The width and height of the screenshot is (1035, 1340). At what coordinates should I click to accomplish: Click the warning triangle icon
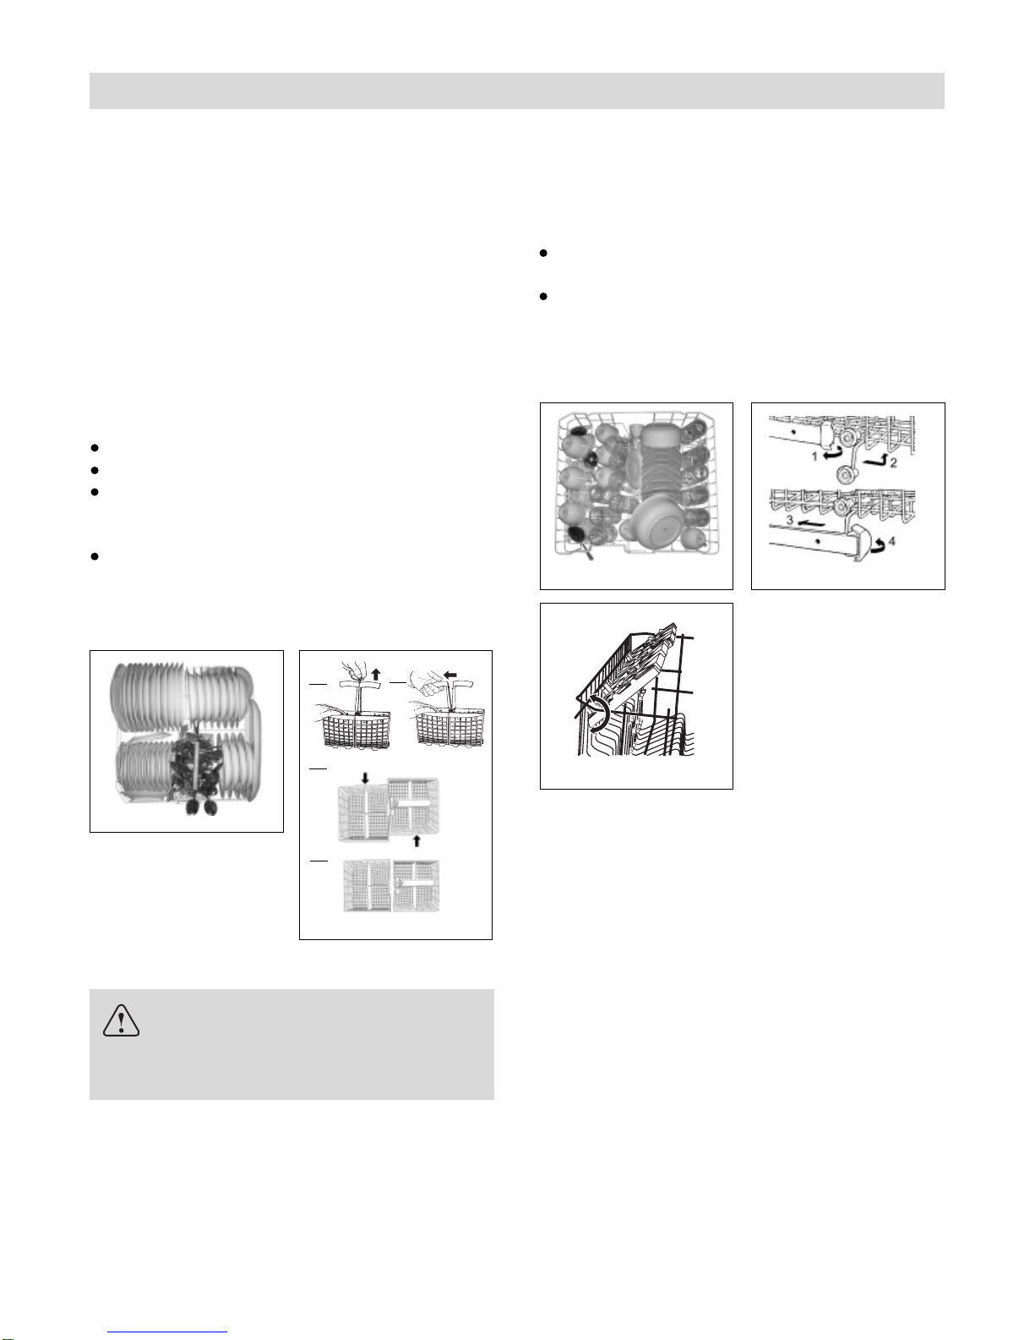coord(122,1021)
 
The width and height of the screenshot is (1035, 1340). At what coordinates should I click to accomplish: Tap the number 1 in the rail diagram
coord(814,457)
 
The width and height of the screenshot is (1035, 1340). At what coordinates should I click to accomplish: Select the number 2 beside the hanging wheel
coord(893,462)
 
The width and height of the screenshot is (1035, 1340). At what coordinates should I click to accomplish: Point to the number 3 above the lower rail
coord(790,520)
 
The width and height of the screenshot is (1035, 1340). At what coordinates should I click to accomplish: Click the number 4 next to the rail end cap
coord(892,543)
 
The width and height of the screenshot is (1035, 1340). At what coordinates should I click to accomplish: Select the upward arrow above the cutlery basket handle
coord(376,673)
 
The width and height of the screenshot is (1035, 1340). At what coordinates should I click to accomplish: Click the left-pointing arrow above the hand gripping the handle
coord(450,674)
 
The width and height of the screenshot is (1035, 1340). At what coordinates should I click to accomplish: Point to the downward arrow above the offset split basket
coord(365,779)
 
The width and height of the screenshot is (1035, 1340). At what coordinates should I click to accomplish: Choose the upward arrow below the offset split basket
coord(417,840)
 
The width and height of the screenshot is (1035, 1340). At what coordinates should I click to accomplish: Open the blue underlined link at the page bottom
coord(167,1330)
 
